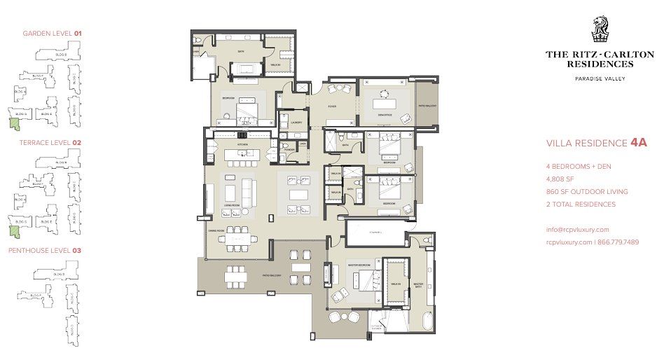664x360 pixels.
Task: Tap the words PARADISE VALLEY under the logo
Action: click(x=600, y=78)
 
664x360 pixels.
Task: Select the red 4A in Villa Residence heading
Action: click(x=638, y=143)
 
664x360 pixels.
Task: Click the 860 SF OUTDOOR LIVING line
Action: click(x=587, y=191)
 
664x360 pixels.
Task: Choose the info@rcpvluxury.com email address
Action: click(x=578, y=229)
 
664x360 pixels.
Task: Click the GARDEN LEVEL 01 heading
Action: click(x=53, y=33)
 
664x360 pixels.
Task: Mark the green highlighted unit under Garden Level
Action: click(x=13, y=124)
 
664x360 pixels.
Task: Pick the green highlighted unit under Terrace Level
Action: click(x=13, y=232)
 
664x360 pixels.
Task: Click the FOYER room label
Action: click(x=332, y=106)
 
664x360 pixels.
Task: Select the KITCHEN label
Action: click(x=243, y=144)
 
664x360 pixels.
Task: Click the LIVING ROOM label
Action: click(x=233, y=205)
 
